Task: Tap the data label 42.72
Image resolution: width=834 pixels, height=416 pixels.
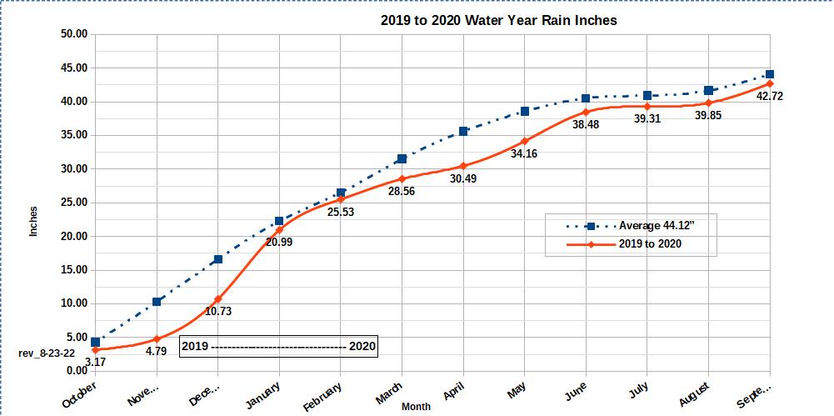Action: (x=768, y=96)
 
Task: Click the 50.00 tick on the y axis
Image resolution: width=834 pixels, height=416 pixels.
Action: (x=75, y=34)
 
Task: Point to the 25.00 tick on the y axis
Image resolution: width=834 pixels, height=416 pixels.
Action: (x=75, y=203)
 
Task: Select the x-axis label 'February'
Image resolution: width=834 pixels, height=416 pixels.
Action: (x=322, y=396)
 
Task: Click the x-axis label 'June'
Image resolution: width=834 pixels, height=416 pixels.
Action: (x=577, y=390)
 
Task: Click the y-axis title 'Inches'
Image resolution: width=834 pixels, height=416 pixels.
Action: (x=34, y=221)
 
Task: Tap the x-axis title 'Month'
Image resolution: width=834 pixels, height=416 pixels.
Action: (x=416, y=407)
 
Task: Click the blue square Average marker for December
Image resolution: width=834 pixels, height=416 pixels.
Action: (x=217, y=259)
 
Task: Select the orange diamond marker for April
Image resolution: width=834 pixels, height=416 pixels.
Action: (x=463, y=166)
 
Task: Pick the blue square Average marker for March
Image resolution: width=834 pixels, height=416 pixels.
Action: (x=402, y=158)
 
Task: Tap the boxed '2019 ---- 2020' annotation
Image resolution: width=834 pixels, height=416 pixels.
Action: (x=278, y=346)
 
